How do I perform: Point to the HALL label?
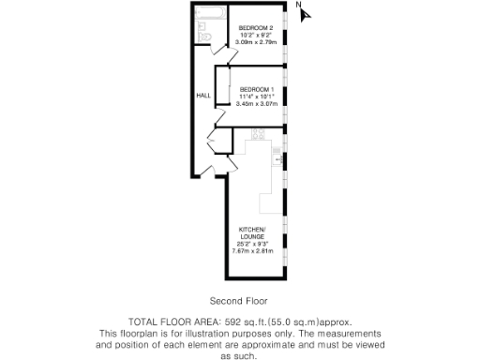(202, 96)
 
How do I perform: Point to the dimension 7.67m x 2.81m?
(252, 251)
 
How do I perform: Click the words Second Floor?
(238, 301)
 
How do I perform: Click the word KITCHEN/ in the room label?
(252, 230)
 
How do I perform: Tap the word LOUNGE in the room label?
(252, 237)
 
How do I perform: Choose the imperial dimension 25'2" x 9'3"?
(252, 244)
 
